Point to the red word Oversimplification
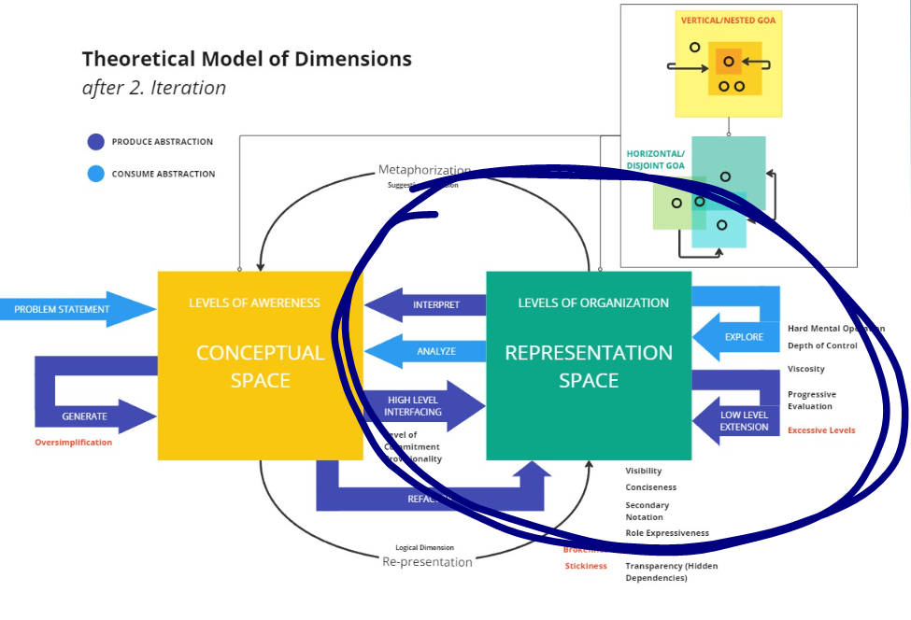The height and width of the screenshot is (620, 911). (x=73, y=443)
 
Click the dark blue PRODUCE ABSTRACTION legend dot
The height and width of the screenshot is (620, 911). (x=95, y=142)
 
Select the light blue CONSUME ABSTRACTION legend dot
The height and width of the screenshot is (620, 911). (x=95, y=174)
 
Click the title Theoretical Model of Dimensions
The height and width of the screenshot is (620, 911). (x=247, y=59)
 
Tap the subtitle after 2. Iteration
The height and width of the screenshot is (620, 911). (x=154, y=89)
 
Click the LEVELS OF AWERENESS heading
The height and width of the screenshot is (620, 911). (x=254, y=303)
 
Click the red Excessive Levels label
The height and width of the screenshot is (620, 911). (x=821, y=430)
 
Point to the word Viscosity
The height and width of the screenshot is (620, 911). (x=806, y=369)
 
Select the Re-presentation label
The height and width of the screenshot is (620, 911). (x=427, y=562)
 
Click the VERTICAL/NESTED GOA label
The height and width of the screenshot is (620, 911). (x=729, y=18)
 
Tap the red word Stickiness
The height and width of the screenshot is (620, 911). (x=586, y=566)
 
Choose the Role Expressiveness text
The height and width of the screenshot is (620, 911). (x=667, y=533)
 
